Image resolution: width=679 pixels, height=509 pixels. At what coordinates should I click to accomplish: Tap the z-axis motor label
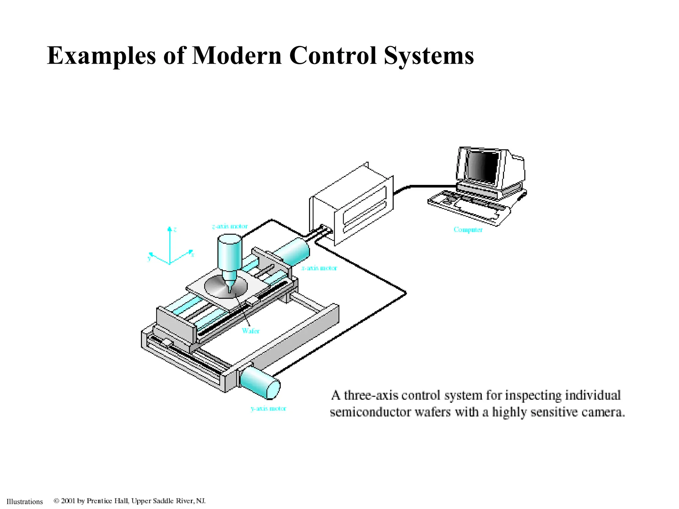click(x=230, y=226)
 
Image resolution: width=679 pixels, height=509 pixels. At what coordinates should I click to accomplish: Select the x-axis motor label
click(x=319, y=268)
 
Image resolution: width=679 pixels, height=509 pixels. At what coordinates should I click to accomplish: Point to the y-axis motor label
click(x=268, y=409)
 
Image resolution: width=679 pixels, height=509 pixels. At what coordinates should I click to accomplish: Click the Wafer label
click(x=251, y=331)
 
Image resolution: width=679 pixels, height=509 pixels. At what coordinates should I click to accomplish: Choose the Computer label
click(x=468, y=230)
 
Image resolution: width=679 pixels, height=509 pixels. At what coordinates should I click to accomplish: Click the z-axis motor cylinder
click(x=229, y=252)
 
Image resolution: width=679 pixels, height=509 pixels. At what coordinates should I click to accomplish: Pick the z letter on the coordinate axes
click(x=175, y=229)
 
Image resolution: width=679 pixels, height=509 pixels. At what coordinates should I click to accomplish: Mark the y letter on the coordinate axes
click(x=149, y=258)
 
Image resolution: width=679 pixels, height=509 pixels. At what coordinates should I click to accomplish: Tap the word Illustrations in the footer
click(x=25, y=502)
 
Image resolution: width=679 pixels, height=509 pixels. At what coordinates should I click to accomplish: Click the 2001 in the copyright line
click(x=68, y=501)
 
